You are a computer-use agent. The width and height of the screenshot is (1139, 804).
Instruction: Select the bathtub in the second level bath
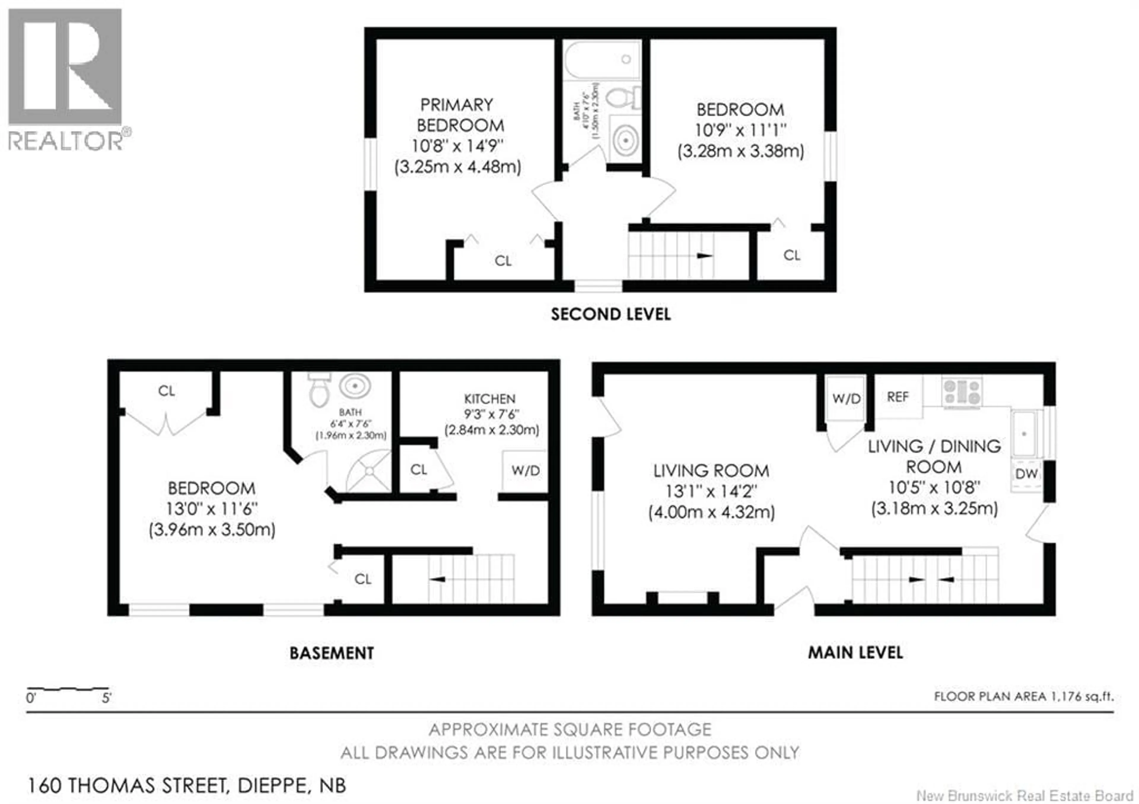coord(602,60)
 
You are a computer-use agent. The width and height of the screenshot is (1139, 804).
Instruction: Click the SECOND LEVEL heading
coord(611,314)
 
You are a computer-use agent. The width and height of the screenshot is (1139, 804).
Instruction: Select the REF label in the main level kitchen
coord(898,397)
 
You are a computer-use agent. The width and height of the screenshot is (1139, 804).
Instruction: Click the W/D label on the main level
coord(846,398)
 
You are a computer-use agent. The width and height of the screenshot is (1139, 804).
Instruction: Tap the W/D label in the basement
coord(525,470)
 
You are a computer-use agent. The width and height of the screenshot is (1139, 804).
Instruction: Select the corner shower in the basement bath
coord(370,471)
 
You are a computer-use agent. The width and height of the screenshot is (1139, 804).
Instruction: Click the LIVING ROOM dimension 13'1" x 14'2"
coord(711,491)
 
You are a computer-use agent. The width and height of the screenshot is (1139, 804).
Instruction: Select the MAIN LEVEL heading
coord(855,653)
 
